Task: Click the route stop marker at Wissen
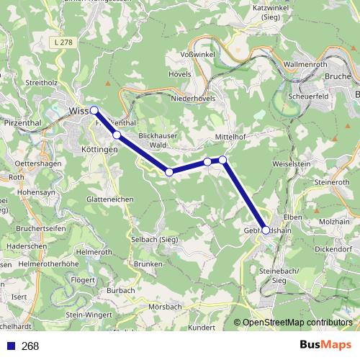click(94, 110)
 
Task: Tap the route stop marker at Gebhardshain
click(266, 230)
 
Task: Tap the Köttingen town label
click(100, 149)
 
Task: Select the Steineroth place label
click(333, 182)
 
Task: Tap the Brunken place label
click(148, 264)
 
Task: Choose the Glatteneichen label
click(108, 198)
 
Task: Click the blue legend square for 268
click(8, 346)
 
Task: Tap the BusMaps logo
click(325, 345)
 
